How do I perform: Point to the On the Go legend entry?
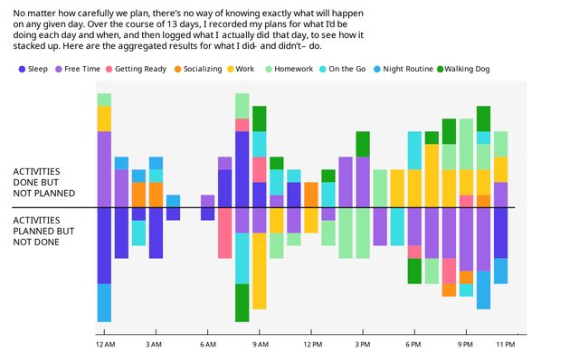(x=346, y=69)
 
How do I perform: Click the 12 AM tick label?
(x=105, y=345)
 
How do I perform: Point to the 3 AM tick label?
(x=154, y=345)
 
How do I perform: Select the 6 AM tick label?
(x=208, y=345)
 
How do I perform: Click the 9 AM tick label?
(x=261, y=345)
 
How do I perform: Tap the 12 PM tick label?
(x=313, y=345)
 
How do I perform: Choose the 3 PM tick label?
(x=363, y=345)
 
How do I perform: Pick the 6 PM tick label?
(x=413, y=345)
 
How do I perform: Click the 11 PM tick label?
(x=505, y=345)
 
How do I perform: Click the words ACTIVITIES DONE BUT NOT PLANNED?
(x=43, y=181)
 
